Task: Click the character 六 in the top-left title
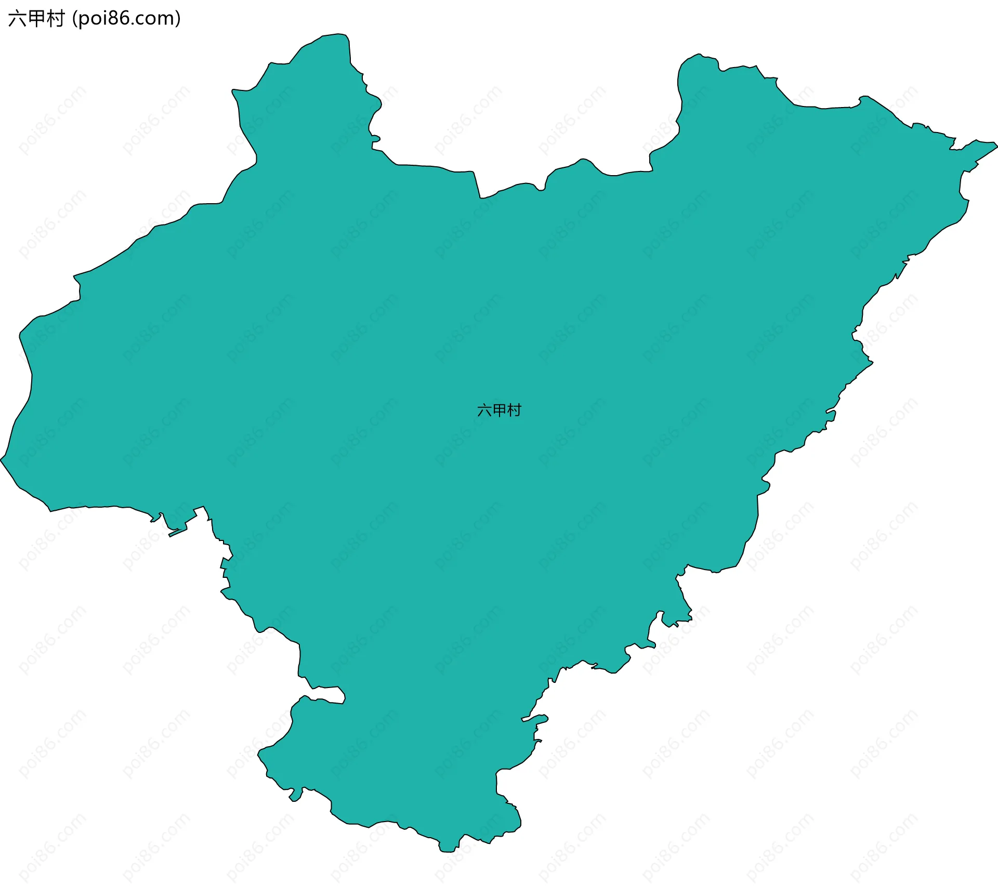17,19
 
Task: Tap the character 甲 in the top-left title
36,19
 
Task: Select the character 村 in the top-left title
55,19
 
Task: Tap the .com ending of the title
153,19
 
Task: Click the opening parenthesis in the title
75,19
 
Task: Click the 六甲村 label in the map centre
499,411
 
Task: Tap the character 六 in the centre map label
484,411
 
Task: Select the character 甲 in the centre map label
499,411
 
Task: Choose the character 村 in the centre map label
514,411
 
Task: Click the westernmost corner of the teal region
2,459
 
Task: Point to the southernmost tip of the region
447,851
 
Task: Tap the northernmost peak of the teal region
338,35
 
